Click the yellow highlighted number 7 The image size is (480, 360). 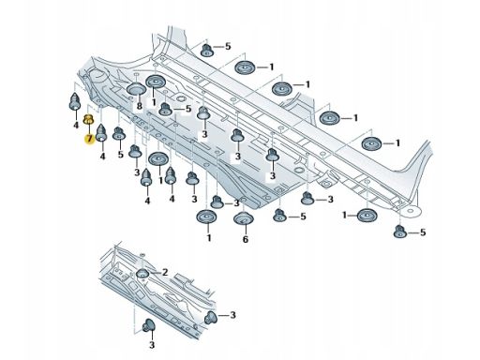click(x=90, y=138)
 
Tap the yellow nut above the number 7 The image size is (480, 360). click(x=88, y=119)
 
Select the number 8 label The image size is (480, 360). click(x=140, y=106)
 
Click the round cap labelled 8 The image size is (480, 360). click(x=136, y=89)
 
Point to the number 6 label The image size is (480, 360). click(x=246, y=239)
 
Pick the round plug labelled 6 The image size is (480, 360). click(x=244, y=218)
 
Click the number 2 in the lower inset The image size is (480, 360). click(x=165, y=273)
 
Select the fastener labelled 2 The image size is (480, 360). click(x=142, y=273)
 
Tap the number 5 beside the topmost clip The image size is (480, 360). click(x=228, y=46)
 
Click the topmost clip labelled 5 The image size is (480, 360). click(x=207, y=50)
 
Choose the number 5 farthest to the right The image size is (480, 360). click(x=423, y=232)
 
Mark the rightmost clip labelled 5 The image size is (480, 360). click(x=400, y=232)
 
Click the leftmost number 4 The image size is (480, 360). click(x=76, y=126)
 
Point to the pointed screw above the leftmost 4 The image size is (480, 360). click(x=75, y=101)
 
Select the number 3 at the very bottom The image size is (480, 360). click(x=152, y=345)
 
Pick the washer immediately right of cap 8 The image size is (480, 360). click(x=156, y=82)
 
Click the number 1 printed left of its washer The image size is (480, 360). click(x=344, y=215)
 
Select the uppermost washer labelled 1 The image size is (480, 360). click(x=246, y=67)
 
